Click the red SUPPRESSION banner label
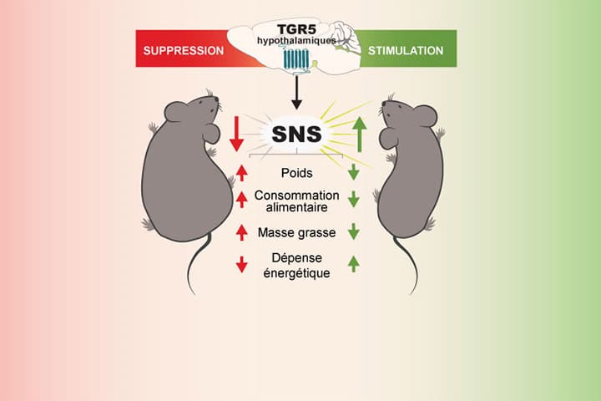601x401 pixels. [184, 50]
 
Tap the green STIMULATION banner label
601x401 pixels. [405, 50]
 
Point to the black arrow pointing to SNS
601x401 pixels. [298, 93]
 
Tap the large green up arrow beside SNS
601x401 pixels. [359, 135]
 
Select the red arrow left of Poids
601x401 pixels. [242, 173]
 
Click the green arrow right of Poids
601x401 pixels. [354, 173]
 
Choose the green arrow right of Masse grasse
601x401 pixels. [354, 232]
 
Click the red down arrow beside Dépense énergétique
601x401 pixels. [242, 263]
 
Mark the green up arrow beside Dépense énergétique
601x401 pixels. [354, 263]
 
